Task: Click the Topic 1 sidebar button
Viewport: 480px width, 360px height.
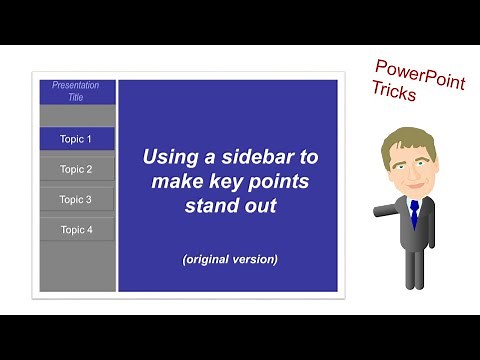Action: point(76,139)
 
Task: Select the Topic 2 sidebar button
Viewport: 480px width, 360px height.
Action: point(76,169)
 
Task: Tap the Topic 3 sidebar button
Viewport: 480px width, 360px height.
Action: point(76,199)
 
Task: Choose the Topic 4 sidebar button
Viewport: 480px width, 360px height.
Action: point(76,229)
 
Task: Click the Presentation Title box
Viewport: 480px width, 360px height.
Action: point(76,92)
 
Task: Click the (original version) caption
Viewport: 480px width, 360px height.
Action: point(230,259)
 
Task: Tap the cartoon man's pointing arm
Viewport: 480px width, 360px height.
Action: point(384,211)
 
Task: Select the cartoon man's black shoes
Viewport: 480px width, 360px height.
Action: point(413,283)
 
